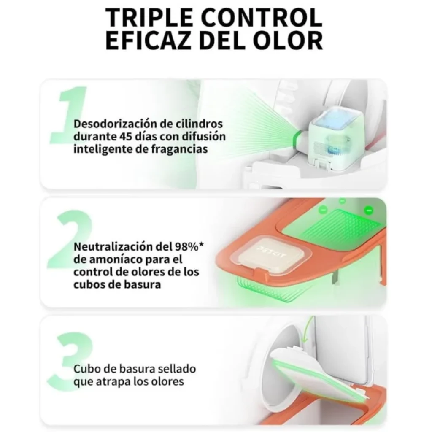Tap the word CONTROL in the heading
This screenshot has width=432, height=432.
pos(265,17)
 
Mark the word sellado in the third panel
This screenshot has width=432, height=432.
pos(177,369)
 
